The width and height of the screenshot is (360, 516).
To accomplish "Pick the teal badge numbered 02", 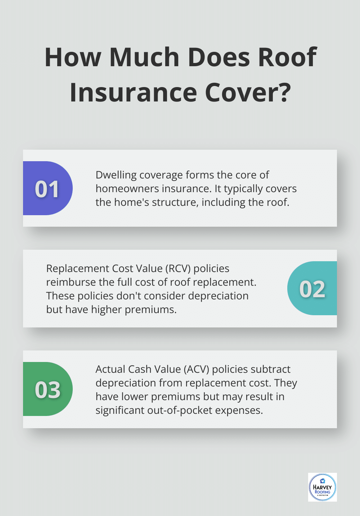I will (x=312, y=289).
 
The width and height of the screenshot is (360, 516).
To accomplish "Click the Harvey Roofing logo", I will (x=322, y=487).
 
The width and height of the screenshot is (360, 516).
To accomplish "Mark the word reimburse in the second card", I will (x=70, y=282).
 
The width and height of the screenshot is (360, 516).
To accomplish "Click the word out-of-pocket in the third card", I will (x=180, y=410).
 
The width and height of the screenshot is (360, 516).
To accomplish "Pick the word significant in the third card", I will (x=120, y=410).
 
